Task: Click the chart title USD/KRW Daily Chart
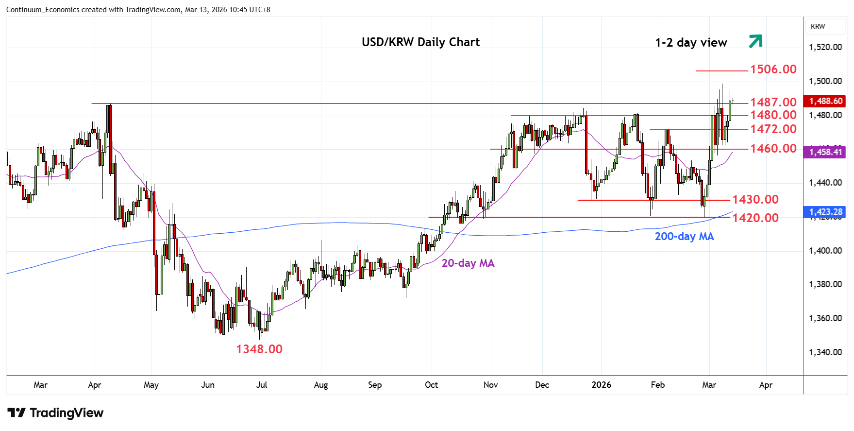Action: coord(420,42)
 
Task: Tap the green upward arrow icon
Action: coord(755,41)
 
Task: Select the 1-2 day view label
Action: coord(691,43)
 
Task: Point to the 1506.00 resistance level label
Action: coord(773,69)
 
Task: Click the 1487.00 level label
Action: coord(773,103)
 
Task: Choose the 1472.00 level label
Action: coord(773,129)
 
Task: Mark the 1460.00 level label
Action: coord(773,149)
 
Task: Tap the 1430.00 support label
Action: coord(755,200)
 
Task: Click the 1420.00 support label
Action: coord(755,218)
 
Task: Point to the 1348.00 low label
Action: coord(259,349)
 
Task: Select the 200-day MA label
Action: coord(684,237)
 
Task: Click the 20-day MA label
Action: coord(468,263)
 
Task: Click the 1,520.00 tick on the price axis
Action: coord(825,47)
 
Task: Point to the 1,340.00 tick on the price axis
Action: coord(825,352)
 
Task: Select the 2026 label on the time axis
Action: coord(601,385)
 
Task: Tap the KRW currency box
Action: coord(818,27)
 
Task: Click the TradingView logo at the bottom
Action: coord(55,413)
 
